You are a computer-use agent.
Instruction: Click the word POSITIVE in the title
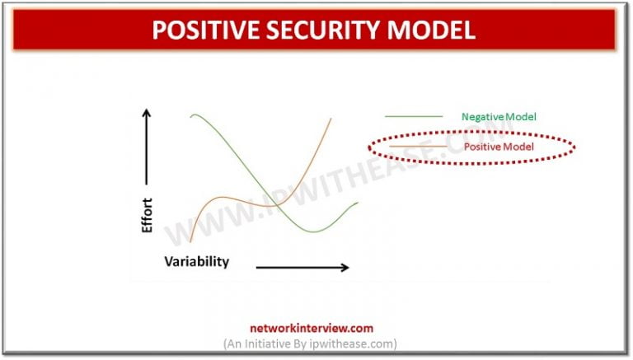pos(207,30)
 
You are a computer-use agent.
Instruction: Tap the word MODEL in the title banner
pos(430,30)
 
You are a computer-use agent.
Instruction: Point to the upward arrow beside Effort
pos(148,145)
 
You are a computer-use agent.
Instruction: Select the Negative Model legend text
pos(498,116)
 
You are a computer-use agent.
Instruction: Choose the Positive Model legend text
pos(499,147)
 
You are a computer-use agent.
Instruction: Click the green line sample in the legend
pos(413,116)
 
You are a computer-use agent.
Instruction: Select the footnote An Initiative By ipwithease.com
pos(310,343)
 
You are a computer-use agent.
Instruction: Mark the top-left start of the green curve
pos(191,116)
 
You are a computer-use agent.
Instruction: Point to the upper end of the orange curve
pos(331,118)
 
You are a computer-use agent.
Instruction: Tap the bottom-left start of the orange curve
pos(190,241)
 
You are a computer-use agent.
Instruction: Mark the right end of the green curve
pos(358,202)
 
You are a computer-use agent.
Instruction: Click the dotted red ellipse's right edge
pos(574,147)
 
